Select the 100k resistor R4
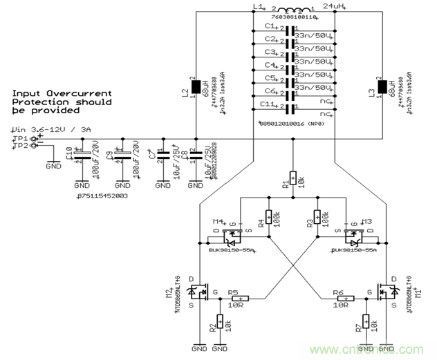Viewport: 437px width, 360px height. coord(268,218)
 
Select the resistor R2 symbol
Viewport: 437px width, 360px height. coord(220,323)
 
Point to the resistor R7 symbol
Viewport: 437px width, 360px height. coord(366,323)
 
